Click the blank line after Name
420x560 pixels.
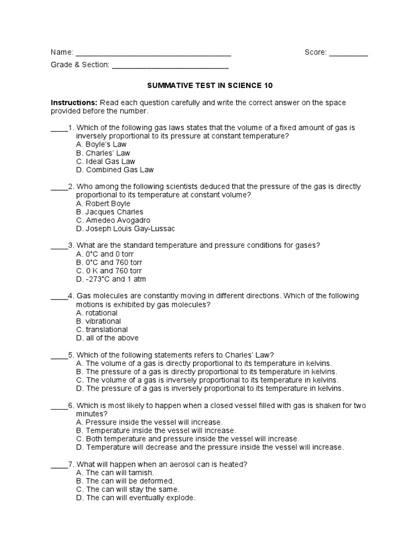tap(153, 54)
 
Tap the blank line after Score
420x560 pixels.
tap(348, 54)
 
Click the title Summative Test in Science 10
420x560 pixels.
tap(210, 86)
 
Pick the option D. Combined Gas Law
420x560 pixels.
tap(115, 170)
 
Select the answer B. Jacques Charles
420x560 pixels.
tap(109, 212)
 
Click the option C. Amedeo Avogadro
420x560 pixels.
tap(113, 220)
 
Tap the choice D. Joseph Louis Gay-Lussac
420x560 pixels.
tap(125, 229)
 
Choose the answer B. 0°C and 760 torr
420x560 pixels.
tap(109, 262)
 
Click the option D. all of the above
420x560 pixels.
tap(107, 338)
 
